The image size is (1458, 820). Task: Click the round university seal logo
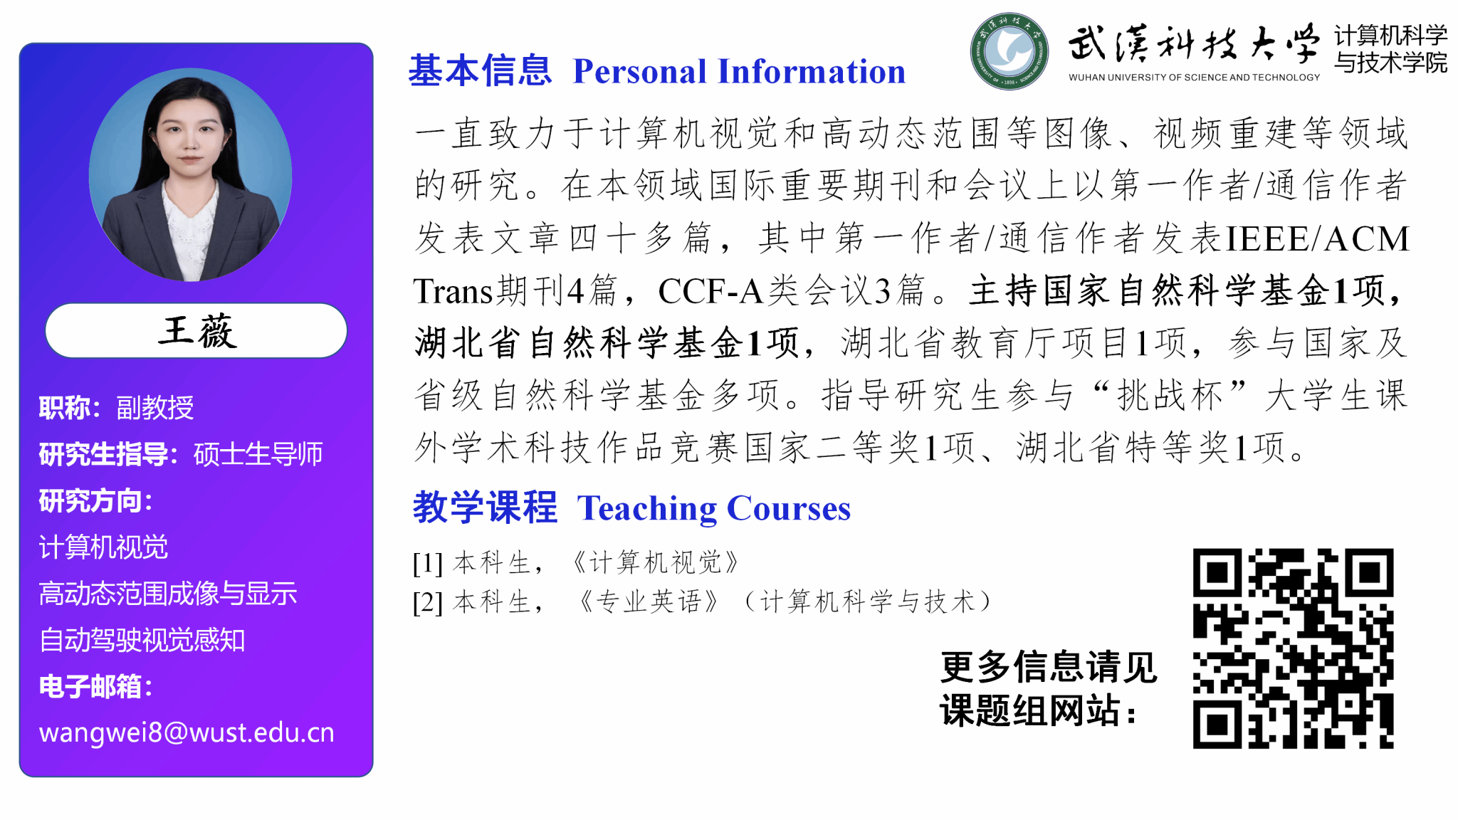click(x=1009, y=51)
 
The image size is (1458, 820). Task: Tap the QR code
click(x=1293, y=648)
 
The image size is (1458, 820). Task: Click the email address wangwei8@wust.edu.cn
click(x=187, y=732)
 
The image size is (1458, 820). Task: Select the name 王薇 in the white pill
click(x=197, y=331)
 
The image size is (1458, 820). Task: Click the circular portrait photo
click(x=190, y=175)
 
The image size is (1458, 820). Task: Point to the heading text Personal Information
click(x=739, y=71)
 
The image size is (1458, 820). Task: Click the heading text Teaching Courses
click(x=714, y=508)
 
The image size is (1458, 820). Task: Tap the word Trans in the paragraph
click(x=453, y=291)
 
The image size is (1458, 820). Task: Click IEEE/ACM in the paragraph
click(x=1317, y=238)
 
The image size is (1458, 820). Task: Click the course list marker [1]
click(x=428, y=563)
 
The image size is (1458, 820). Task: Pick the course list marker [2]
click(x=428, y=602)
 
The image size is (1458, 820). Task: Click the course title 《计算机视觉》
click(x=656, y=562)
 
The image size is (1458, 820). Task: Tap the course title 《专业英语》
click(x=649, y=601)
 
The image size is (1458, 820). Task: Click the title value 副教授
click(x=155, y=408)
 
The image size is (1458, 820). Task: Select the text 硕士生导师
click(x=258, y=454)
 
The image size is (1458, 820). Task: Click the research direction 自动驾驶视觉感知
click(x=142, y=640)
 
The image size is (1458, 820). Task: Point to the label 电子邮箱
click(x=90, y=687)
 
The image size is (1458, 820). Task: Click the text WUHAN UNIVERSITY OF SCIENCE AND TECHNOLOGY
click(x=1194, y=77)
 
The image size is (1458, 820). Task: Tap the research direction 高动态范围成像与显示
click(x=168, y=594)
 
